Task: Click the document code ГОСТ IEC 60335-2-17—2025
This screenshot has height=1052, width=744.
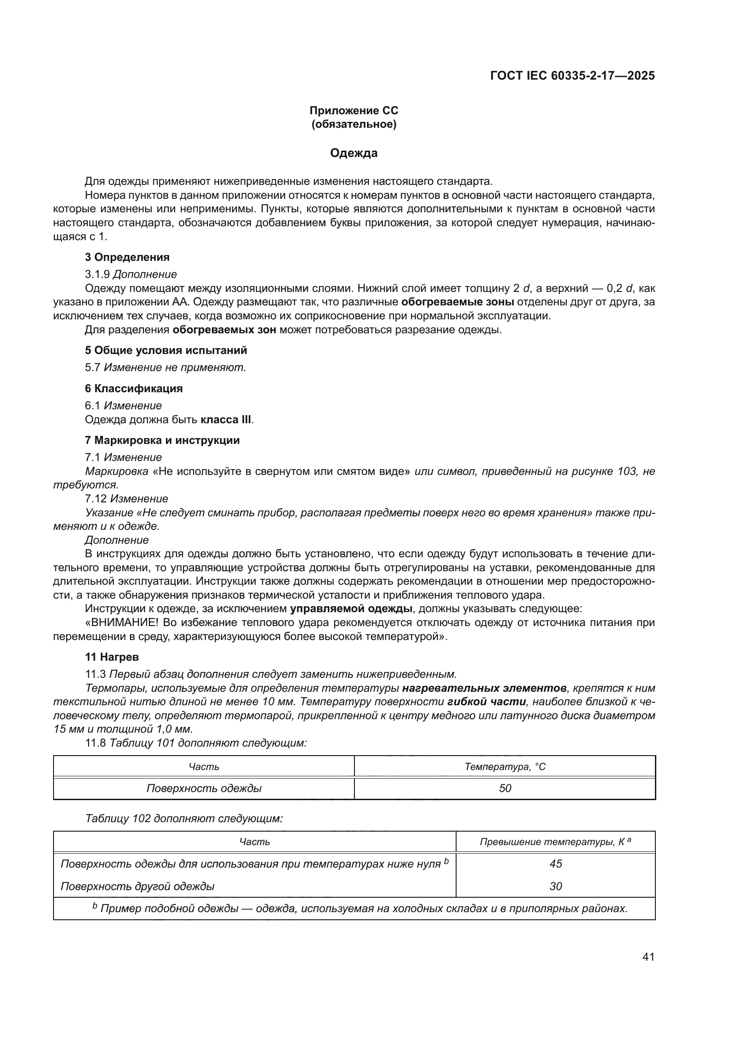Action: point(572,76)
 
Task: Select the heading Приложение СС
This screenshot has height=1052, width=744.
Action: point(354,111)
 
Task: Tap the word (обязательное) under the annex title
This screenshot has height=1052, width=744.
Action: point(354,124)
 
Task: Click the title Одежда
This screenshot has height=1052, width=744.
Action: point(354,153)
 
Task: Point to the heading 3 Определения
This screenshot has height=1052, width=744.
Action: point(127,257)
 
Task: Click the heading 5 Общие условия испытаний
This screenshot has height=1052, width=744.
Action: point(166,350)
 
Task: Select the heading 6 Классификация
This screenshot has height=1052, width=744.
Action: point(134,389)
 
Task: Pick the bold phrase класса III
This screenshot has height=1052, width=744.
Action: point(226,419)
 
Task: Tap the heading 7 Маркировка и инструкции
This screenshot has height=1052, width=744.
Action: point(162,440)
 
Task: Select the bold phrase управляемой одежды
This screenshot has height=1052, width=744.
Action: point(351,609)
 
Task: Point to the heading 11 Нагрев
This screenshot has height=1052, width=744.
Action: point(112,657)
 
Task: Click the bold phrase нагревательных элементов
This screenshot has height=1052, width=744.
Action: point(484,688)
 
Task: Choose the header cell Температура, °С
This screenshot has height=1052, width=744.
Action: point(505,766)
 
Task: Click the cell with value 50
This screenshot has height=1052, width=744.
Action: point(505,788)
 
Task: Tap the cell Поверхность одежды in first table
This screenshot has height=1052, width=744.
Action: point(204,788)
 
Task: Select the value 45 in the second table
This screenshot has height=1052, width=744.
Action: point(555,864)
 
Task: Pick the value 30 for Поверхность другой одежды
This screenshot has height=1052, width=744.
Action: point(555,886)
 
